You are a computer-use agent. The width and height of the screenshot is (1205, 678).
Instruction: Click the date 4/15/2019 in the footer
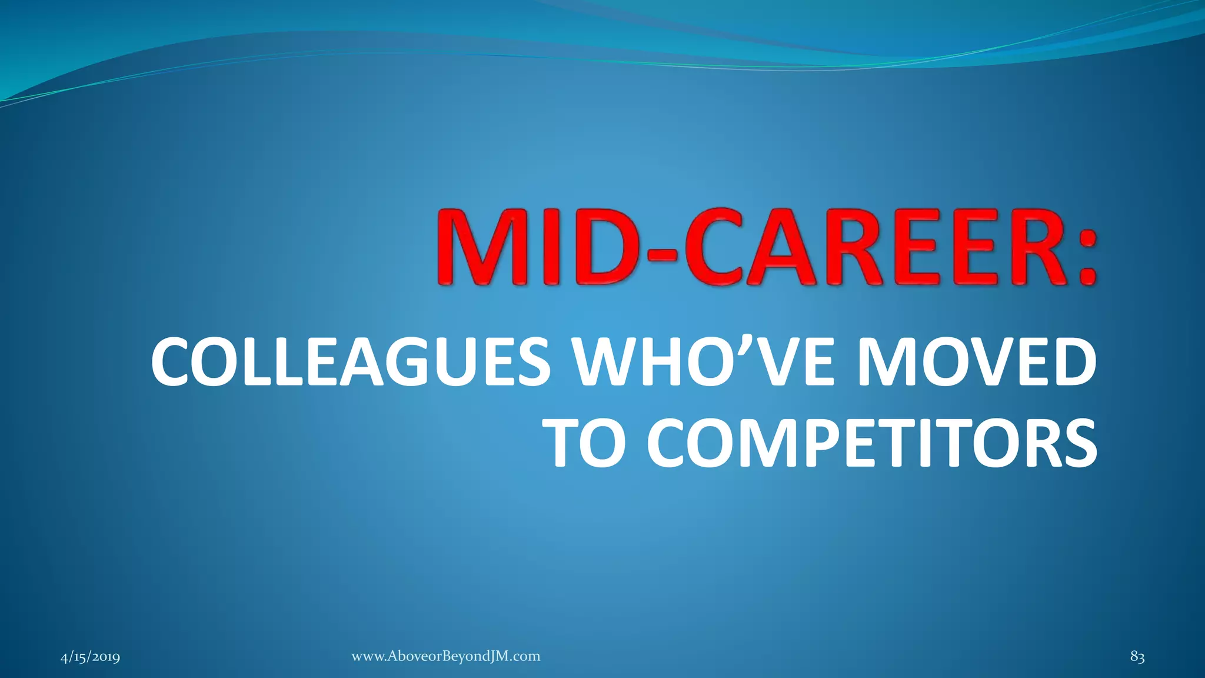point(90,657)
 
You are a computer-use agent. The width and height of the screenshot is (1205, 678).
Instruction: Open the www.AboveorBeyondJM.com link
point(445,656)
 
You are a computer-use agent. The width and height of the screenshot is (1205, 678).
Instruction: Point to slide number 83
point(1137,657)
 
